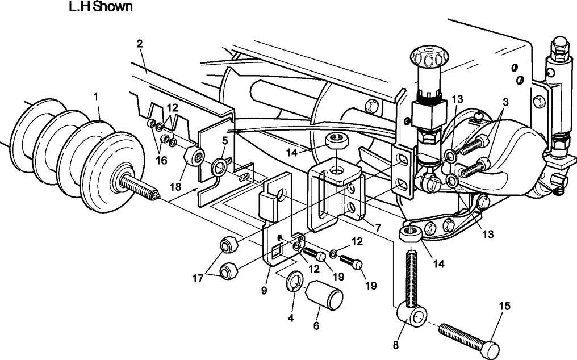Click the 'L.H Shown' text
(100, 7)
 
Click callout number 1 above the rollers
(96, 97)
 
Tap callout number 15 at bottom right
(504, 307)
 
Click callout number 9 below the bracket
(264, 290)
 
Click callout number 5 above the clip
(225, 140)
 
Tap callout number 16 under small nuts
(162, 161)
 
